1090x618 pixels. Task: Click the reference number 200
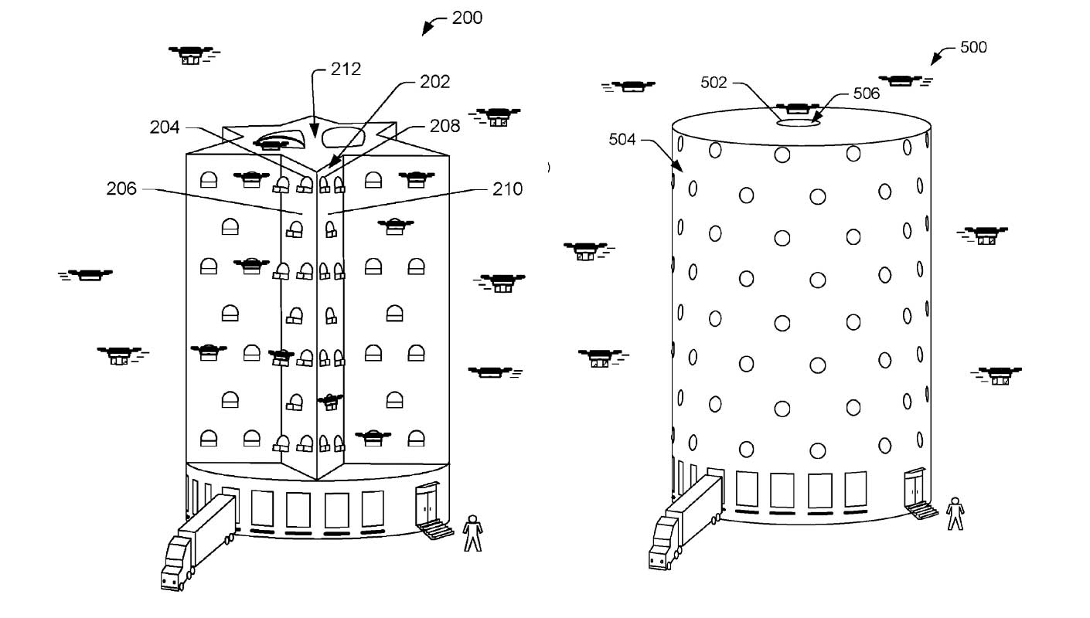[467, 17]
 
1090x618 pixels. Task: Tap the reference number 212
[345, 69]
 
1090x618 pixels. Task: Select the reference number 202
[434, 81]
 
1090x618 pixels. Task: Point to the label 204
[165, 127]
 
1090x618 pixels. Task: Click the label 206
[121, 188]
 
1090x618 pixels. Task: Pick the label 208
[445, 125]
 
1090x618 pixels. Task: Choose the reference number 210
[507, 188]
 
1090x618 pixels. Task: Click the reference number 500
[972, 47]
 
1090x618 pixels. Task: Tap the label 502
[714, 83]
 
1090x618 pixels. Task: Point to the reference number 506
[866, 93]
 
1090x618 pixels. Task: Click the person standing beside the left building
[472, 534]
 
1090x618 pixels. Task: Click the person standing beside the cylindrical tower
[956, 514]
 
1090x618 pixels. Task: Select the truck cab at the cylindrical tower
[663, 545]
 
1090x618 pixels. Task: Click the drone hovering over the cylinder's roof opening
[797, 109]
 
